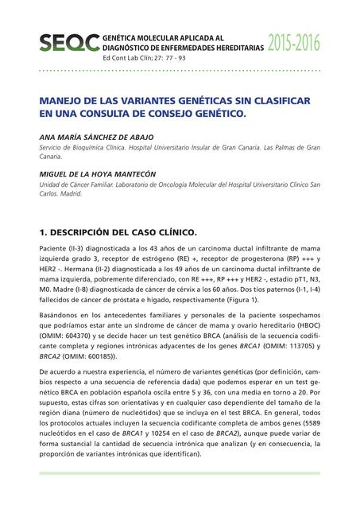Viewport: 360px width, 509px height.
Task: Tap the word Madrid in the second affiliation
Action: tap(72, 194)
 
